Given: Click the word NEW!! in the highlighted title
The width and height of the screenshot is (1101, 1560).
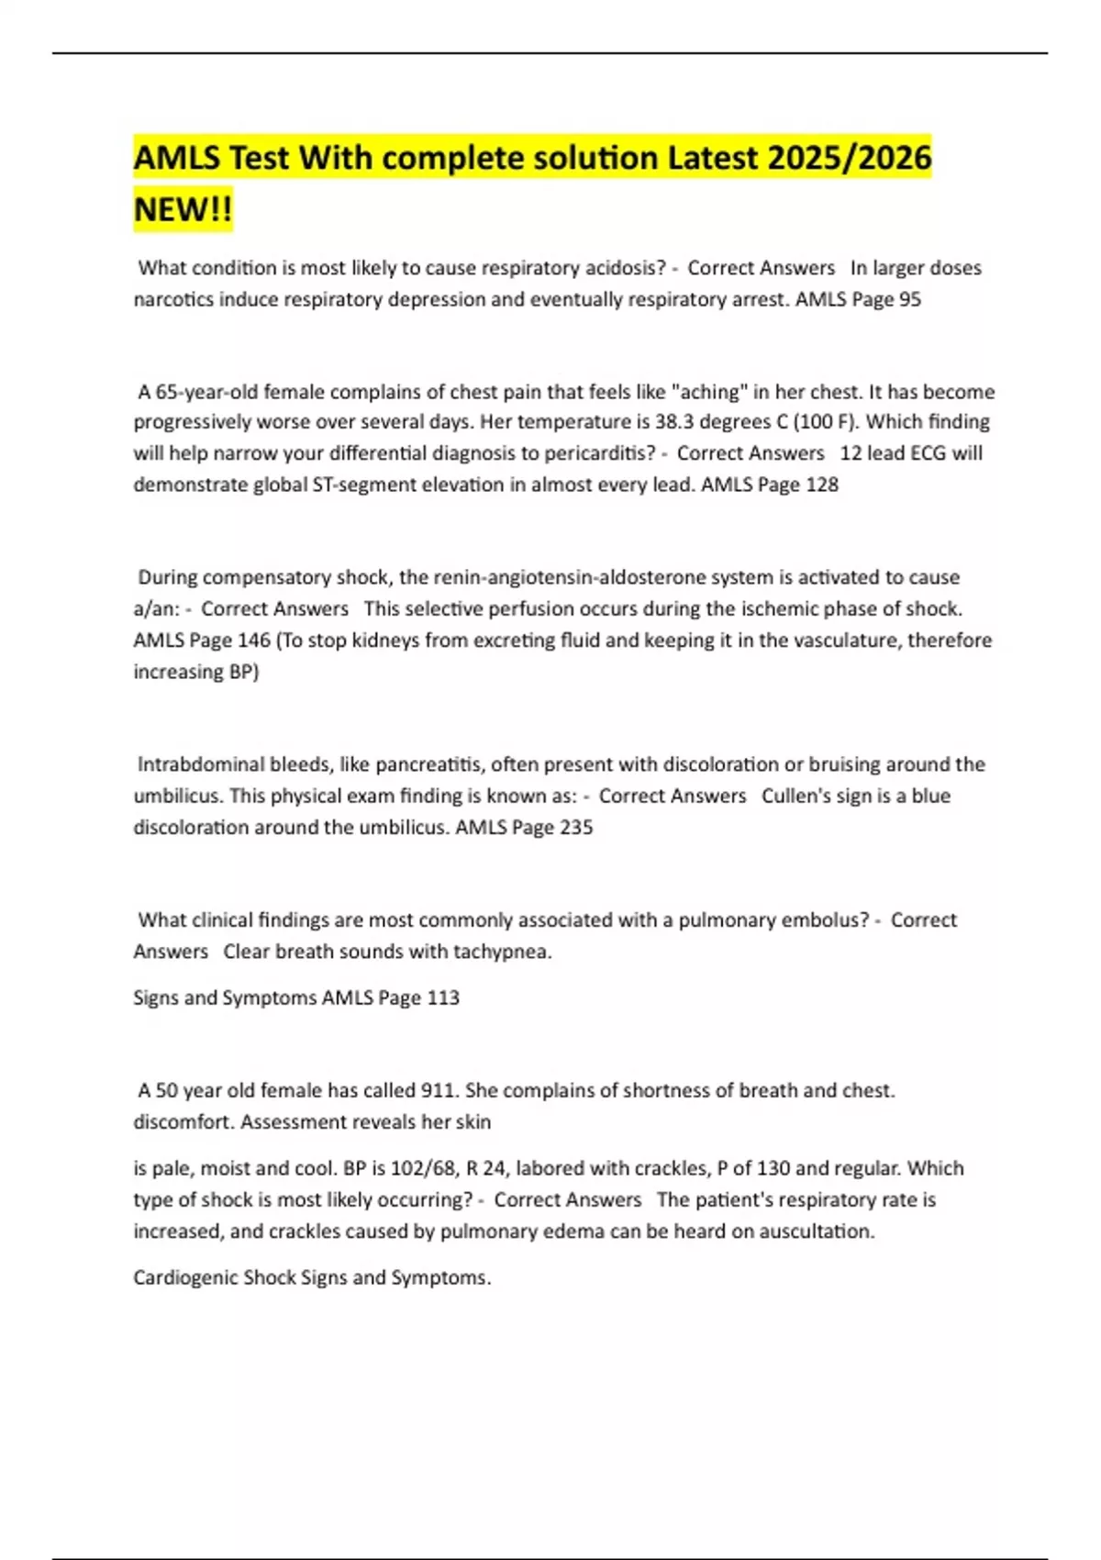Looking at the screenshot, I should (x=183, y=210).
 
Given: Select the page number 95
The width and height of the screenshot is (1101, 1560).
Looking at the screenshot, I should (x=909, y=299).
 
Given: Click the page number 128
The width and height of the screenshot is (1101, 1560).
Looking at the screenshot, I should (x=821, y=485).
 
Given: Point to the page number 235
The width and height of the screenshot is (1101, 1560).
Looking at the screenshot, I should (x=576, y=827).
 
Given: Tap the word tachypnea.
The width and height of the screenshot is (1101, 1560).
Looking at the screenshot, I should (x=504, y=952).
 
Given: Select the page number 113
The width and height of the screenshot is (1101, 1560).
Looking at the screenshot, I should (x=443, y=997).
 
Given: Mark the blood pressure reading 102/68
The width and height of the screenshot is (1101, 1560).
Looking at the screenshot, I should (x=422, y=1168).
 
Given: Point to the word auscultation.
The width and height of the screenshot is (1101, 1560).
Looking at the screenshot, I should (x=817, y=1231).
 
